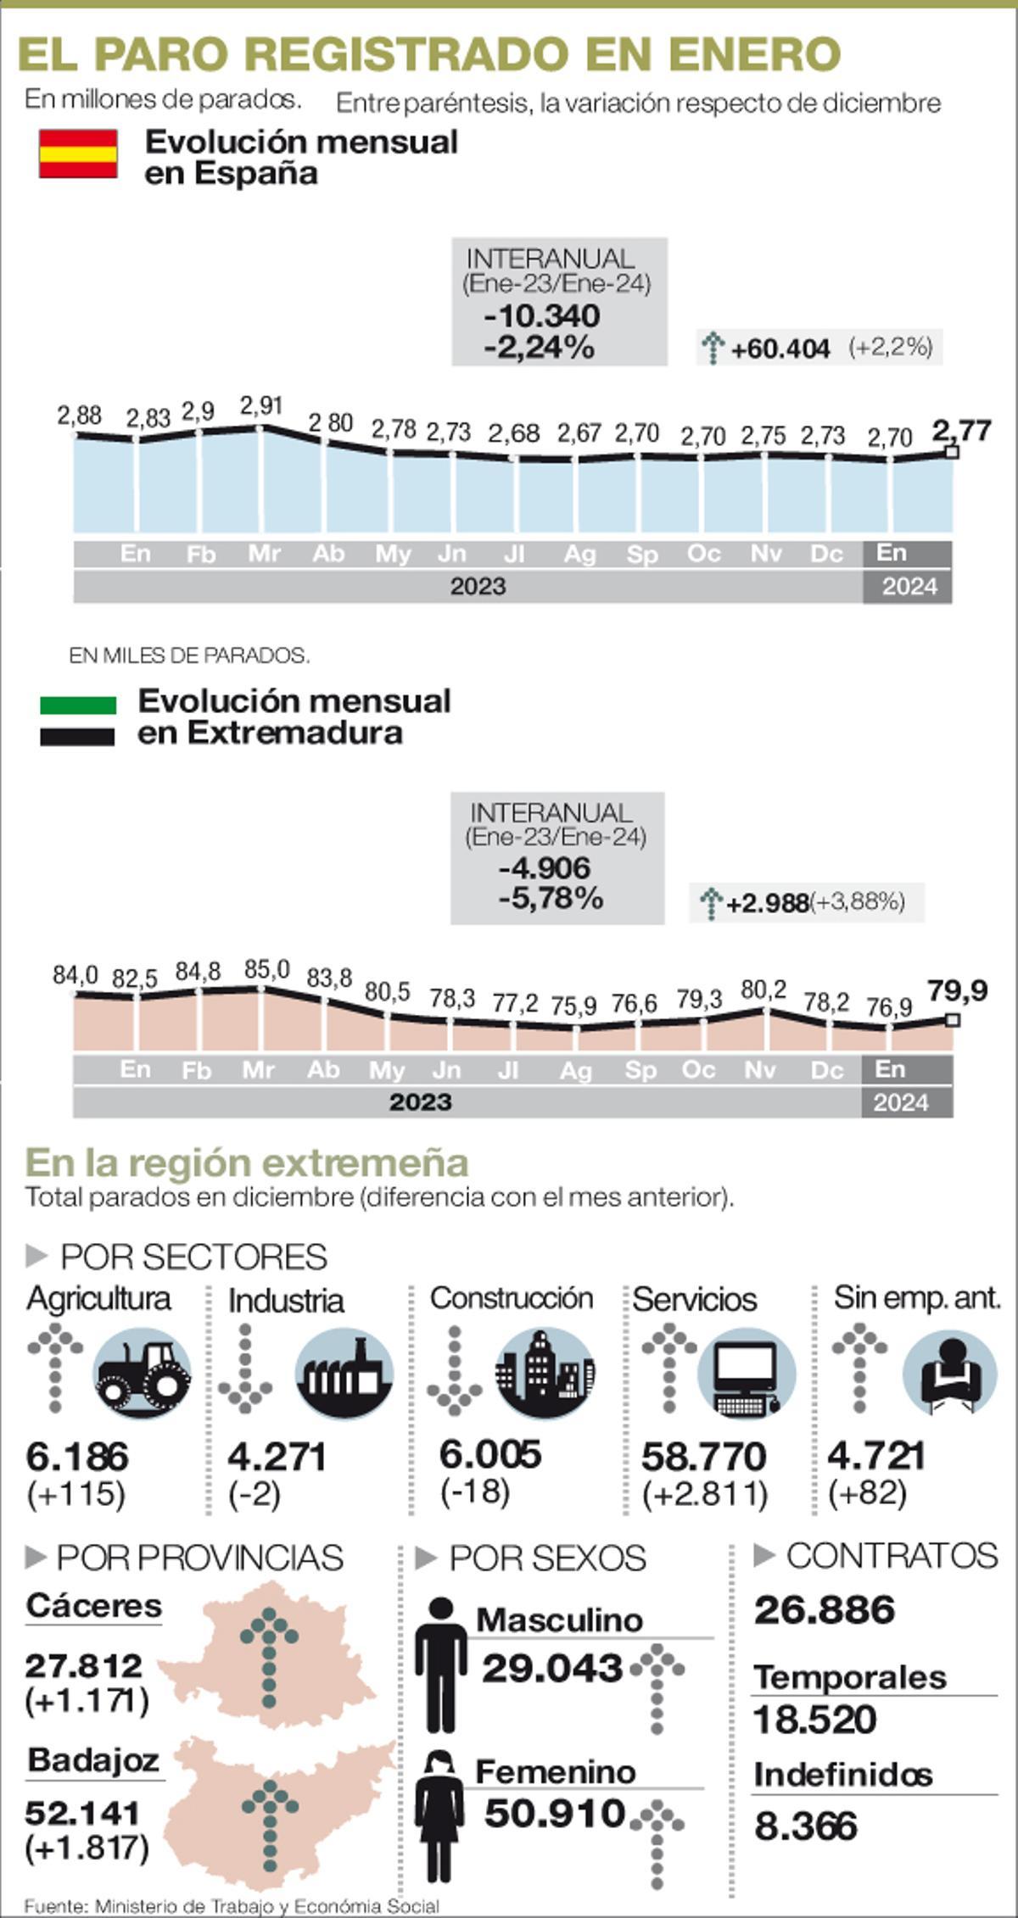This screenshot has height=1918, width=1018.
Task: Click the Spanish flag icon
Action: pos(78,153)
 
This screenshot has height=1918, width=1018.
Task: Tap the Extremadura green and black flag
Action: pos(77,720)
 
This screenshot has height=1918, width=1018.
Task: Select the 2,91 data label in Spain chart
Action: pos(260,406)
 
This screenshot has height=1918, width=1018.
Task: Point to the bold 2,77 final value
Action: pos(961,431)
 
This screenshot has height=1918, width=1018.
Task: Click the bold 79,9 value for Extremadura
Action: pos(957,990)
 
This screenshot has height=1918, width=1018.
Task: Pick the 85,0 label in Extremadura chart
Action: pos(266,969)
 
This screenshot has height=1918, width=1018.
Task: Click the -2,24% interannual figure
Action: pos(539,347)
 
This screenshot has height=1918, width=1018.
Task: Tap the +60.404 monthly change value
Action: pos(780,348)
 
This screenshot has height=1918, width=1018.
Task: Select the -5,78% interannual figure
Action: pos(551,897)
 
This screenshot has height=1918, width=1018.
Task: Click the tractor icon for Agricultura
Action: pos(143,1373)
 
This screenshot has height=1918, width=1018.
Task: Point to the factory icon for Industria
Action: pos(344,1373)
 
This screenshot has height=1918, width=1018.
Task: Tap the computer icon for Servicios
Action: pos(746,1374)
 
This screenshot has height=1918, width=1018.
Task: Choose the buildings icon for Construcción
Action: pos(545,1373)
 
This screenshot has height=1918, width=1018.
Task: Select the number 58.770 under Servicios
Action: pos(703,1456)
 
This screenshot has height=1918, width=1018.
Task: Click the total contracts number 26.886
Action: pos(824,1610)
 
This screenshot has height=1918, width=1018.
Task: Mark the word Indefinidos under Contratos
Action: pos(842,1774)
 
